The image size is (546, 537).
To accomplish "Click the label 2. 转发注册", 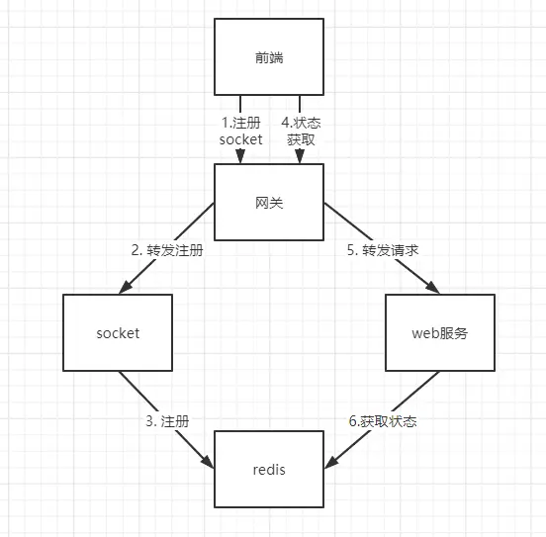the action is click(x=167, y=250).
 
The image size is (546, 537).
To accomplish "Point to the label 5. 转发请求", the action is click(x=383, y=250).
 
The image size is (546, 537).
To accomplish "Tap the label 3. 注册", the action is click(x=167, y=421).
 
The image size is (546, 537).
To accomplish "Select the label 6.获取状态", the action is click(x=383, y=421).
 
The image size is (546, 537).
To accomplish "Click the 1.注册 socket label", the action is click(x=240, y=131).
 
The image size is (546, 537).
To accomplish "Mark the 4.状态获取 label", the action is click(x=301, y=131).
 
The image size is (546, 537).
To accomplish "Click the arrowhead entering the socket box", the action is click(x=125, y=288).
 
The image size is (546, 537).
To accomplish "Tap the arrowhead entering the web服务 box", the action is click(x=433, y=288).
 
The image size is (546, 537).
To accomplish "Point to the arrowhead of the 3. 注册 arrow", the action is click(x=208, y=462).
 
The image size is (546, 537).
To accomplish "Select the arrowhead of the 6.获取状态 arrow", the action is click(x=330, y=463).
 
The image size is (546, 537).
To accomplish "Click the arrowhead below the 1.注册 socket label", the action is click(x=240, y=156).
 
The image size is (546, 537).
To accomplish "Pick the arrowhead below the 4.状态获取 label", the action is click(x=300, y=156).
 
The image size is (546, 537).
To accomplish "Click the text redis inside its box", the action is click(x=269, y=470).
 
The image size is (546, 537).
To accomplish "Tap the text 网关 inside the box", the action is click(x=269, y=203).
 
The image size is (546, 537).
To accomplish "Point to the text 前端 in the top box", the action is click(x=269, y=57).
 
